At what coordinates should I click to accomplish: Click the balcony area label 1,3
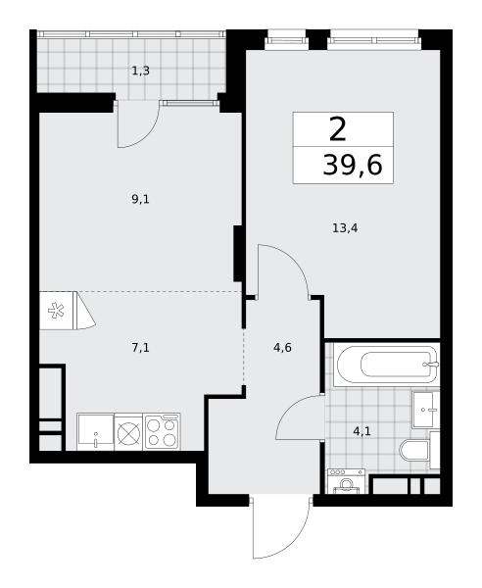[140, 71]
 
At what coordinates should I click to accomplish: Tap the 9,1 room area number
[140, 199]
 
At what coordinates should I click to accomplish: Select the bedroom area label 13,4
[345, 227]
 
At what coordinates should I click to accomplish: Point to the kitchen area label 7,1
[140, 348]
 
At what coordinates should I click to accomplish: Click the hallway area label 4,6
[282, 348]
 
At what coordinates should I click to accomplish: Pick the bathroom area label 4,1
[362, 431]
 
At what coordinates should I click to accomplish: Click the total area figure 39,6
[353, 165]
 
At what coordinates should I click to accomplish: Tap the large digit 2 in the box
[337, 129]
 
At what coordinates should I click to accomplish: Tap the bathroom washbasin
[425, 410]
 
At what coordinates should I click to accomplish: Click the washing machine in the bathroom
[346, 481]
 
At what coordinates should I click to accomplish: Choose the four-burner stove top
[162, 431]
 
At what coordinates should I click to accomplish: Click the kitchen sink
[95, 432]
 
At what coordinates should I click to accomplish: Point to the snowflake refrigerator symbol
[56, 311]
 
